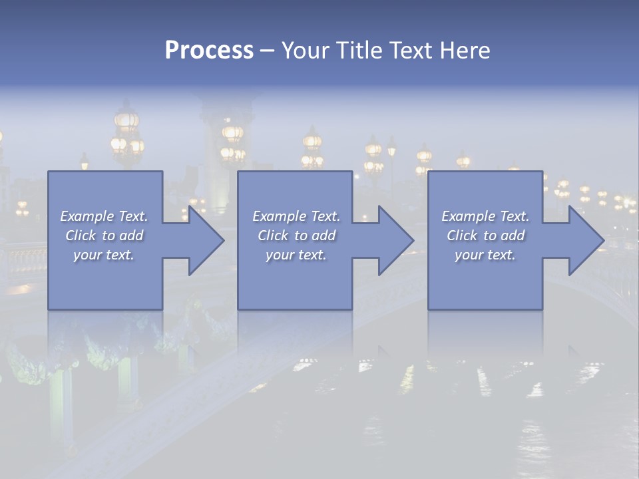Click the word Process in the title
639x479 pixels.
pos(209,51)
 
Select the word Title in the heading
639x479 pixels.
pos(359,51)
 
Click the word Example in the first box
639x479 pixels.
pos(87,216)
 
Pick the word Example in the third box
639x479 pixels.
pos(469,216)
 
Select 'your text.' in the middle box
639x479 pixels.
pos(296,255)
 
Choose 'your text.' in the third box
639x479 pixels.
pos(485,255)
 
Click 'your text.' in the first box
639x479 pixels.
pos(104,255)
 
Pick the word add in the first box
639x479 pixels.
pos(131,236)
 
